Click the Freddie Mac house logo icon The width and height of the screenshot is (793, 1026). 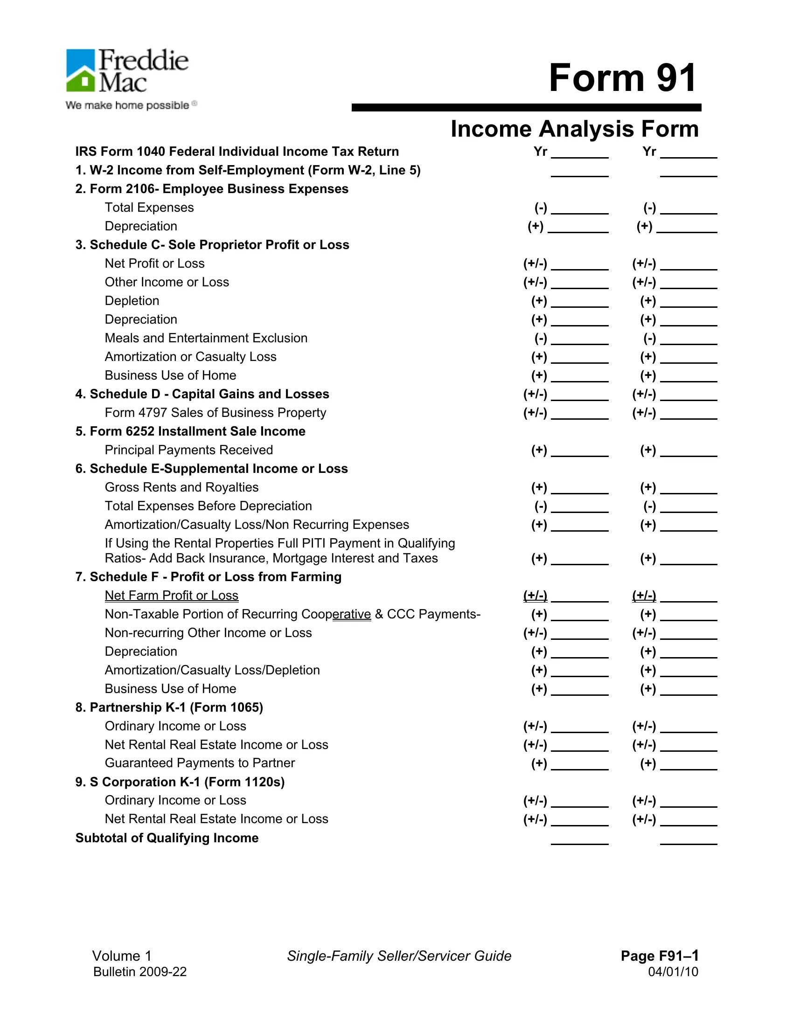(81, 70)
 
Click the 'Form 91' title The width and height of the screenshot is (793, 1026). (622, 78)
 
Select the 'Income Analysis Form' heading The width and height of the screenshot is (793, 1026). (574, 129)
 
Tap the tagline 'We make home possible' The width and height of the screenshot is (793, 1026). (127, 105)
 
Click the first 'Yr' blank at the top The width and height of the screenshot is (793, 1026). (579, 153)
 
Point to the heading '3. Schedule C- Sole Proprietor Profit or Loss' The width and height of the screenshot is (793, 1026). (212, 245)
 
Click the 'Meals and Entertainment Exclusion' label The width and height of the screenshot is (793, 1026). (206, 338)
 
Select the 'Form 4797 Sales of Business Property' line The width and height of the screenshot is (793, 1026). (215, 413)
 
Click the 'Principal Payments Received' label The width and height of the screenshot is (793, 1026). (188, 450)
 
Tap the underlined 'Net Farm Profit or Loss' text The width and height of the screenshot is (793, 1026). (172, 596)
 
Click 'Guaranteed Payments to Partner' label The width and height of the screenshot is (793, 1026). (200, 763)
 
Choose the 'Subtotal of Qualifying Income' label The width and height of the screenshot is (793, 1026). (167, 838)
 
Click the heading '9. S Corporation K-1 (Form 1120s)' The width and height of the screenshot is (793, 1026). (180, 782)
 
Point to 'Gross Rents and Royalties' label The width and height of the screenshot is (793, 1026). (181, 487)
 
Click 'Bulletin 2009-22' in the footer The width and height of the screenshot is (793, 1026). (140, 972)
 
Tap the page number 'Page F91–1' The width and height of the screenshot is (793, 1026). (659, 956)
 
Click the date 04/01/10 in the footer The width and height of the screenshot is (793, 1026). (673, 972)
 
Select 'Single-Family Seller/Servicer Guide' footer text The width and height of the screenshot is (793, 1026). (399, 956)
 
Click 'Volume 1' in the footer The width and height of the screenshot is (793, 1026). (122, 956)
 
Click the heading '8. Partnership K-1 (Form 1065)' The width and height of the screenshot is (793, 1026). (169, 707)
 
